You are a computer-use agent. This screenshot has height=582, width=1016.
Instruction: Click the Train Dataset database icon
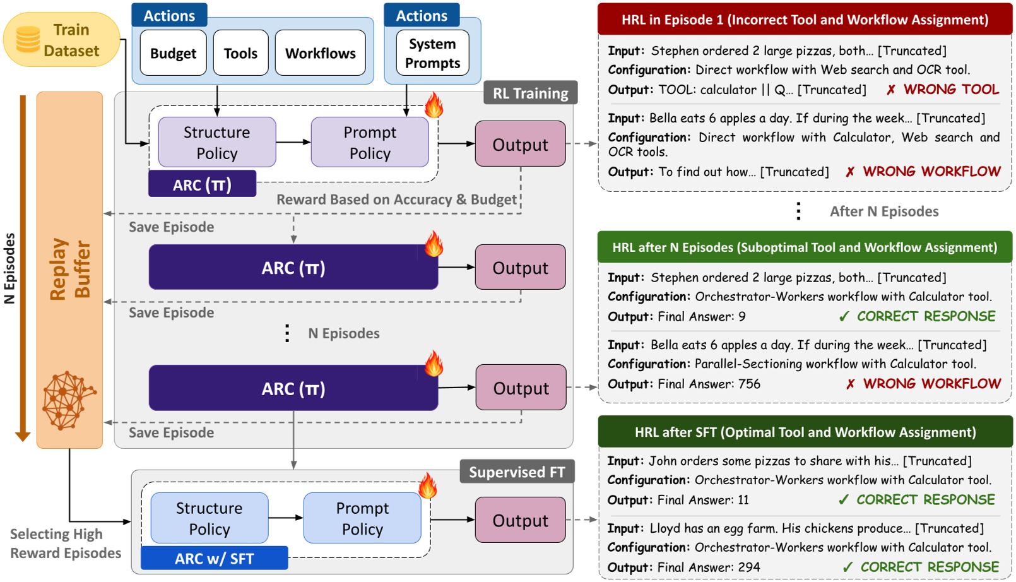point(28,39)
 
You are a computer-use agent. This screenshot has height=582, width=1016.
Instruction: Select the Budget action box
point(173,54)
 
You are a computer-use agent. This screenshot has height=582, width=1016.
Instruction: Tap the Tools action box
point(240,54)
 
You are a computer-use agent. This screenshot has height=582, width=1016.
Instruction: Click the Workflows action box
point(320,54)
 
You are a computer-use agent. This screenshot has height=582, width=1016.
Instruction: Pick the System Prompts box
point(432,54)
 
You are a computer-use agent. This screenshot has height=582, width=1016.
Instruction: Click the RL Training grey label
point(530,93)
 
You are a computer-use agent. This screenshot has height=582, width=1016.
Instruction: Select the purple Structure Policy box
point(216,143)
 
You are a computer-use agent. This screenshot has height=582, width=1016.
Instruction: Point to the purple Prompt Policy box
point(370,143)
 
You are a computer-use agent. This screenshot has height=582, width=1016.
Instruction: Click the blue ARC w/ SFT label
point(214,559)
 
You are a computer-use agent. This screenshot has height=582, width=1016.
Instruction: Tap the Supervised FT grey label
point(516,472)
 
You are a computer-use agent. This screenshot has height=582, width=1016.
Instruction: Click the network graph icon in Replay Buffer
point(67,400)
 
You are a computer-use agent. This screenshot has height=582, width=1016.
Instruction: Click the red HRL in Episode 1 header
point(805,20)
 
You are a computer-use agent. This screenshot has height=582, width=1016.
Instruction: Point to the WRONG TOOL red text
point(950,90)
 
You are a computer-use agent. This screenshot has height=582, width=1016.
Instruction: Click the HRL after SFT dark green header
point(805,432)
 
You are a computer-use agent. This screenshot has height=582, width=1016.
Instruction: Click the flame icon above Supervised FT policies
point(428,486)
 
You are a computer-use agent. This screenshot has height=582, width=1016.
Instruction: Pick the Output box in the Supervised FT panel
point(520,520)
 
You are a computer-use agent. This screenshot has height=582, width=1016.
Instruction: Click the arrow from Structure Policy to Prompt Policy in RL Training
point(293,142)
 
